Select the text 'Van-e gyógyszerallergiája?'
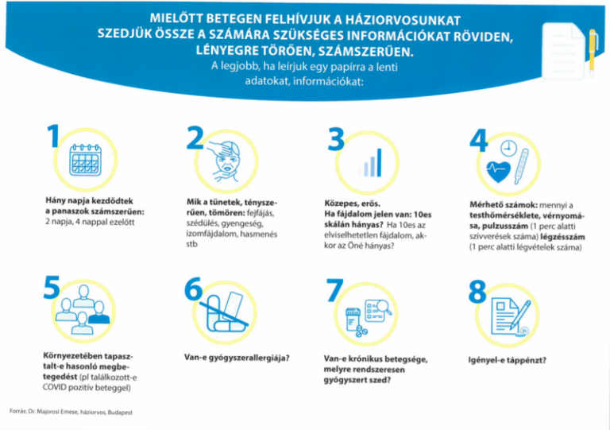click(236, 358)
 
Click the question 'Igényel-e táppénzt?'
click(508, 359)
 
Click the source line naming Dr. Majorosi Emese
click(71, 412)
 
